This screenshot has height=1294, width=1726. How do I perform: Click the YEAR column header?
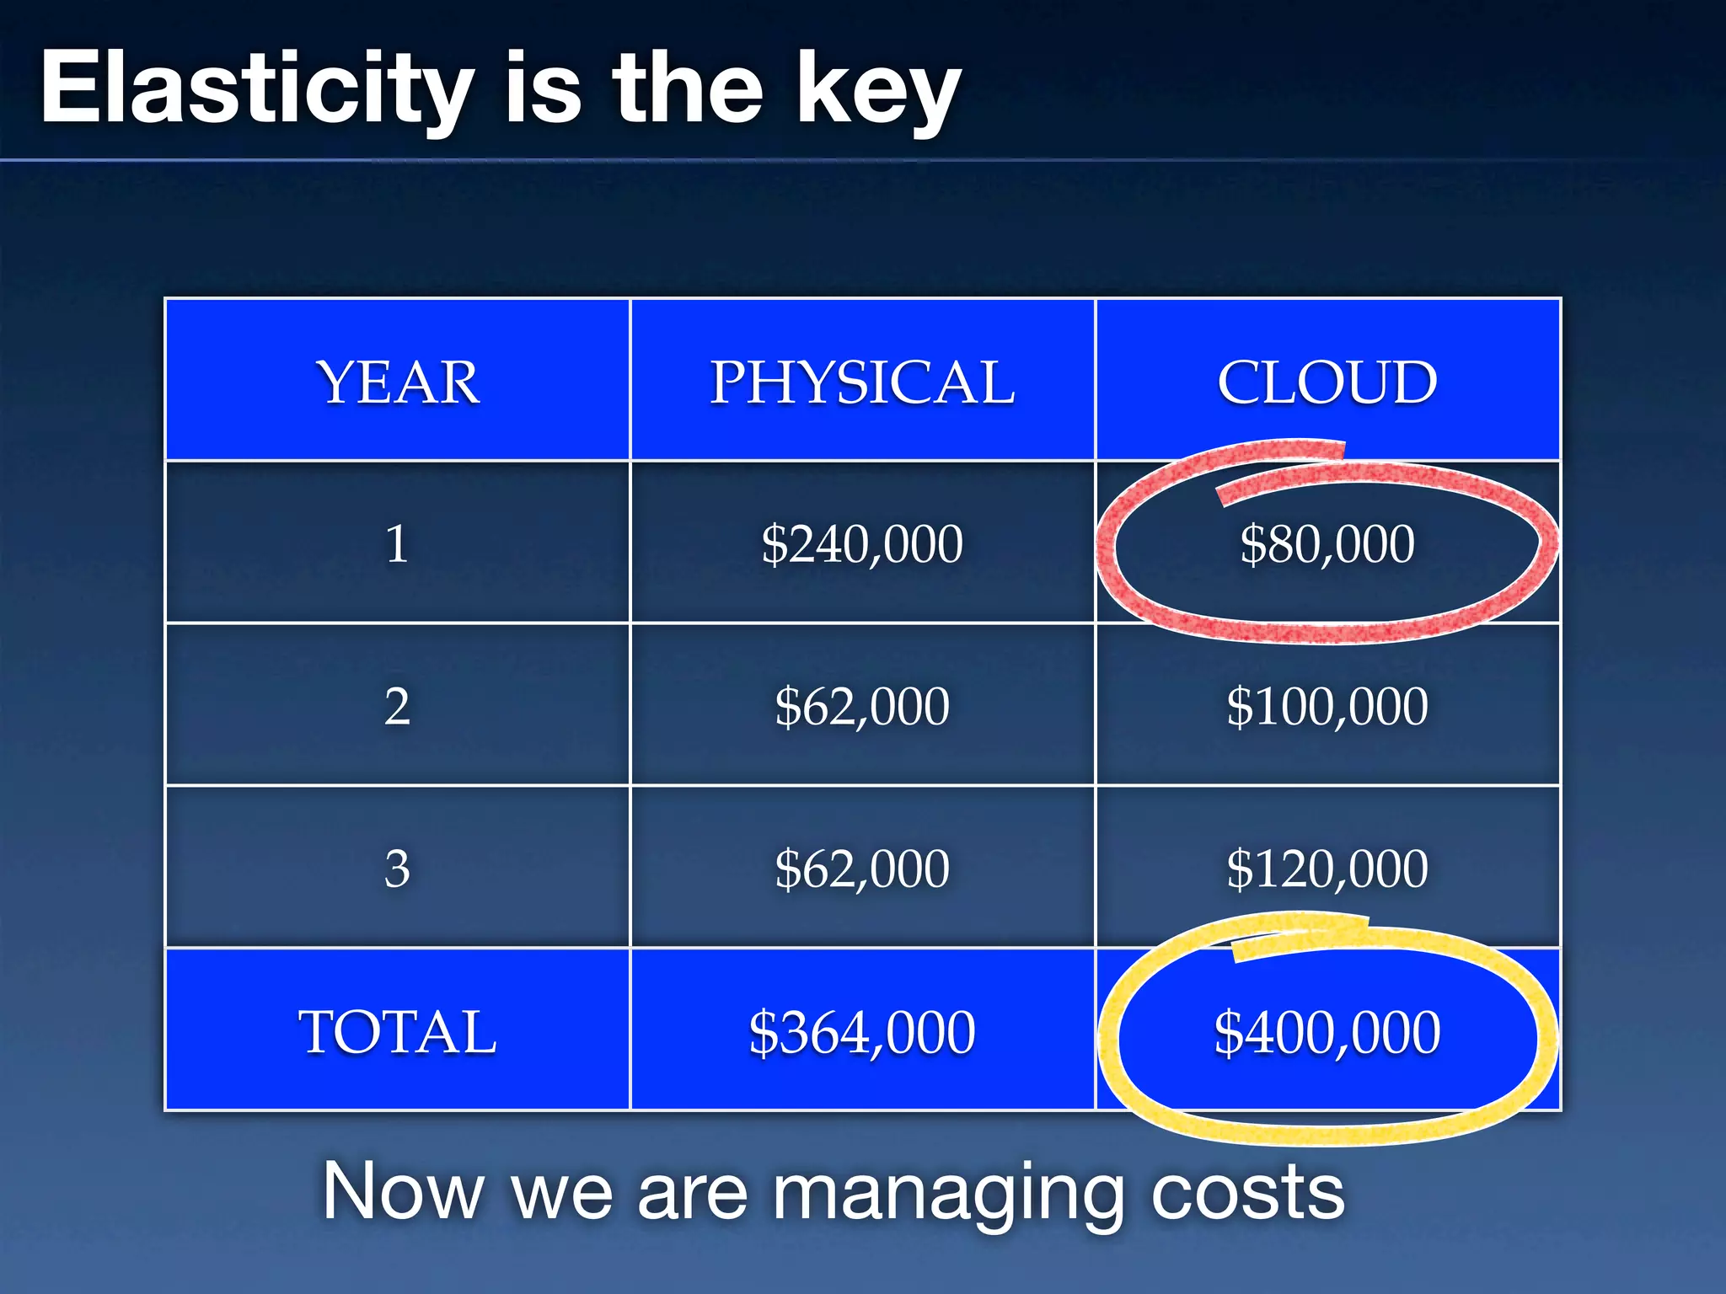[397, 382]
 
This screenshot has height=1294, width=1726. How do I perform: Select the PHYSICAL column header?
[862, 382]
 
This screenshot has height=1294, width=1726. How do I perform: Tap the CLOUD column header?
[1327, 382]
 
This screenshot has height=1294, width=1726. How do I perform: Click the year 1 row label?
[397, 543]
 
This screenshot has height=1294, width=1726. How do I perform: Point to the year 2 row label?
[397, 706]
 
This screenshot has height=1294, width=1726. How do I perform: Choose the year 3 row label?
[397, 869]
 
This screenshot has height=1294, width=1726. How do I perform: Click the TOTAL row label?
[397, 1031]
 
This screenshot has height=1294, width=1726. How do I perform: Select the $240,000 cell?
[862, 543]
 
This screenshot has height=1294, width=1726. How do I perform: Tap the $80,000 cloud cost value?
[1327, 543]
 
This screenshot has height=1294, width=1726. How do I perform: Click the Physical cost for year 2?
[862, 706]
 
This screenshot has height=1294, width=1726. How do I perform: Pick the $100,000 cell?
[1327, 706]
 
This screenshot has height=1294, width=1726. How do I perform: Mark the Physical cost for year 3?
[862, 869]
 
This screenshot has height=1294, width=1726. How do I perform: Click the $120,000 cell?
[1327, 869]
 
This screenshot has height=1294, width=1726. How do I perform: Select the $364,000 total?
[862, 1031]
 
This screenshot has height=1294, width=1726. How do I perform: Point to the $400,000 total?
[1327, 1031]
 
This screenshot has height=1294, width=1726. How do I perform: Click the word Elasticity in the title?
[257, 88]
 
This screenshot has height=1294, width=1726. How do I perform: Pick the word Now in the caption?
[403, 1191]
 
